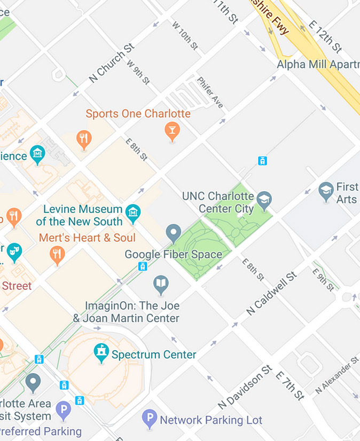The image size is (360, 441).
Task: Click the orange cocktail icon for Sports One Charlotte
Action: [x=172, y=130]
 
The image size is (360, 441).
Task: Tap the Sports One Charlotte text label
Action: [x=138, y=114]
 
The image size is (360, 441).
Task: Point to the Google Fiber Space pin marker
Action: [x=173, y=233]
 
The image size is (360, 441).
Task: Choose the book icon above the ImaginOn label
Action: [x=161, y=284]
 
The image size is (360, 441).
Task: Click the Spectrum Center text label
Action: [x=154, y=355]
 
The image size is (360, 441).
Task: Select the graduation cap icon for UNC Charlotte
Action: [x=264, y=200]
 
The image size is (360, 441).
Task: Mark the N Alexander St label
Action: [x=336, y=375]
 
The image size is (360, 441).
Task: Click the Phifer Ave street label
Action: [x=210, y=92]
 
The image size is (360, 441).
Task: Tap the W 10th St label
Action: [x=185, y=36]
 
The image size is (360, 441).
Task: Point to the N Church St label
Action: [x=111, y=63]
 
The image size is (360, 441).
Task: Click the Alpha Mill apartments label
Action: [x=318, y=64]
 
